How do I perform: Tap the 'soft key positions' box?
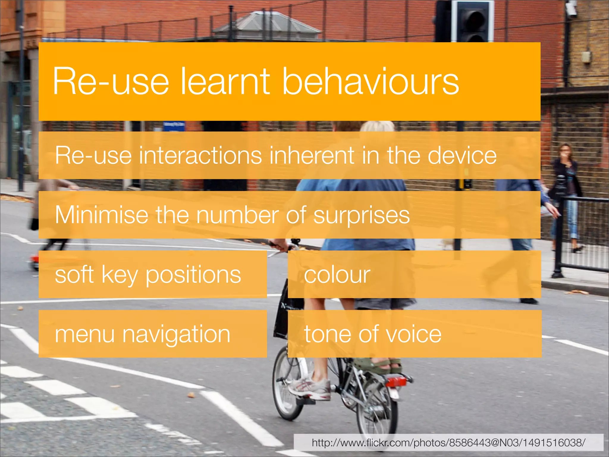(153, 274)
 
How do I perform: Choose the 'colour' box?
(414, 274)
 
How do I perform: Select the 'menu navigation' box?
(153, 334)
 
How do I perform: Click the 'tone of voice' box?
(415, 334)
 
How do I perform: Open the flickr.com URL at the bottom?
(448, 443)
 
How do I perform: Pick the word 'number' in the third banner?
(236, 215)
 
